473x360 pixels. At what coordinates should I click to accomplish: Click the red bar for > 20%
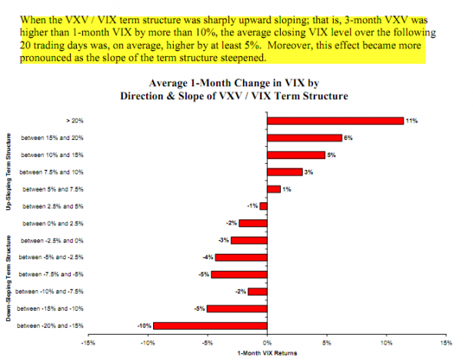tap(335, 120)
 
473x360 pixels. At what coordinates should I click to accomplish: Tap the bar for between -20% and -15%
tap(209, 325)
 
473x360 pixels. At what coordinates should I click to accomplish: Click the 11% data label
tap(411, 121)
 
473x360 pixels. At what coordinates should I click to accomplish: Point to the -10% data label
tap(143, 325)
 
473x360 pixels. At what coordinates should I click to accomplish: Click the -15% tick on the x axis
tap(87, 343)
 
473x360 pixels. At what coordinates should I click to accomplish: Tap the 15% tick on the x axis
tap(445, 343)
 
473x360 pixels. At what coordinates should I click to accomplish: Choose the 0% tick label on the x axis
tap(266, 343)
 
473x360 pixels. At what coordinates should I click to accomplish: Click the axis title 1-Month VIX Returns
tap(265, 353)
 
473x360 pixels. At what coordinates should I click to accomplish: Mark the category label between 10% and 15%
tap(48, 155)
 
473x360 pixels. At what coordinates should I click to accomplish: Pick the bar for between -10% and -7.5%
tap(257, 292)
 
